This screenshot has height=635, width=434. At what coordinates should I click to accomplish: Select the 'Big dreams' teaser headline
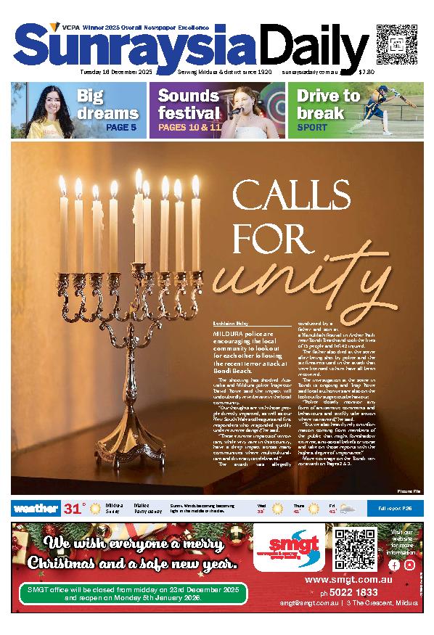(x=107, y=104)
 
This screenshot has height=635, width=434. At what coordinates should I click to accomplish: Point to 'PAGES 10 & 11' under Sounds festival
(x=188, y=127)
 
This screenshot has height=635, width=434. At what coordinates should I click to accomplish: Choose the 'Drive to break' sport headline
(x=328, y=104)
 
